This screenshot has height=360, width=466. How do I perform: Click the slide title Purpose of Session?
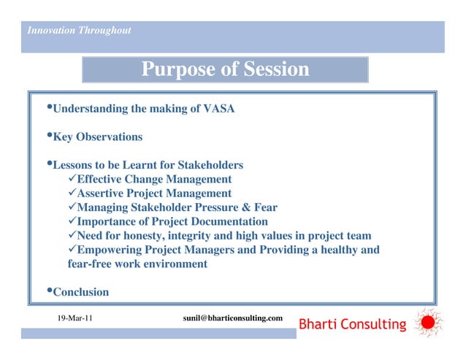pos(225,70)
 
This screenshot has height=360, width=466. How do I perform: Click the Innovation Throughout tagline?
pos(78,30)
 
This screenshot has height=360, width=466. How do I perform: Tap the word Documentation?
pos(229,221)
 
